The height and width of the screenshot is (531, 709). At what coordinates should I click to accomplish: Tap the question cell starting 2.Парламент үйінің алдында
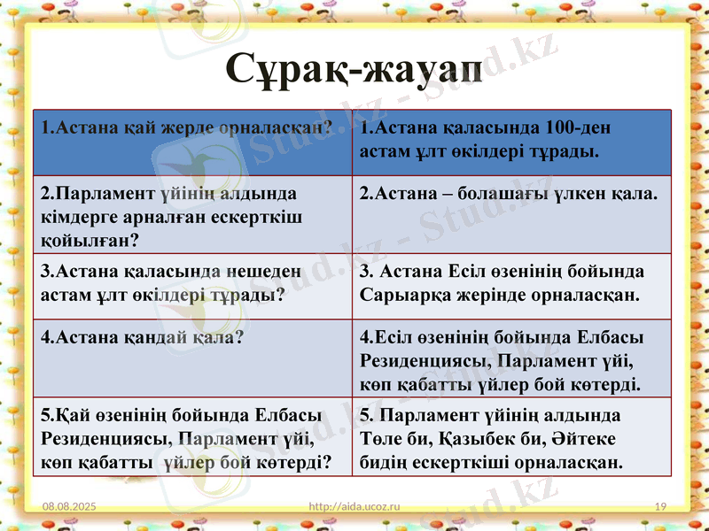[191, 215]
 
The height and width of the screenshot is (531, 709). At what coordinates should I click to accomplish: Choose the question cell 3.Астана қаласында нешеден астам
[191, 283]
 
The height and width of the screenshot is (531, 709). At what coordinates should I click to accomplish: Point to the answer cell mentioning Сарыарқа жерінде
[511, 283]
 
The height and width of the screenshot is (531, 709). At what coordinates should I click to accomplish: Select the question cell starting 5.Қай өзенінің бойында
[191, 438]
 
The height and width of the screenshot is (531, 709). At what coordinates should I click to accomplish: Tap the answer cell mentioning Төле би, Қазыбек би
[511, 438]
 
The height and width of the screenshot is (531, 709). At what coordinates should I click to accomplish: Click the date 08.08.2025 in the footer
[70, 505]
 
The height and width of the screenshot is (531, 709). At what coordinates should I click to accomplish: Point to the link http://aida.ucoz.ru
[354, 505]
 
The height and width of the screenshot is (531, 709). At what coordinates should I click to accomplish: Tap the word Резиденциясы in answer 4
[419, 361]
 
